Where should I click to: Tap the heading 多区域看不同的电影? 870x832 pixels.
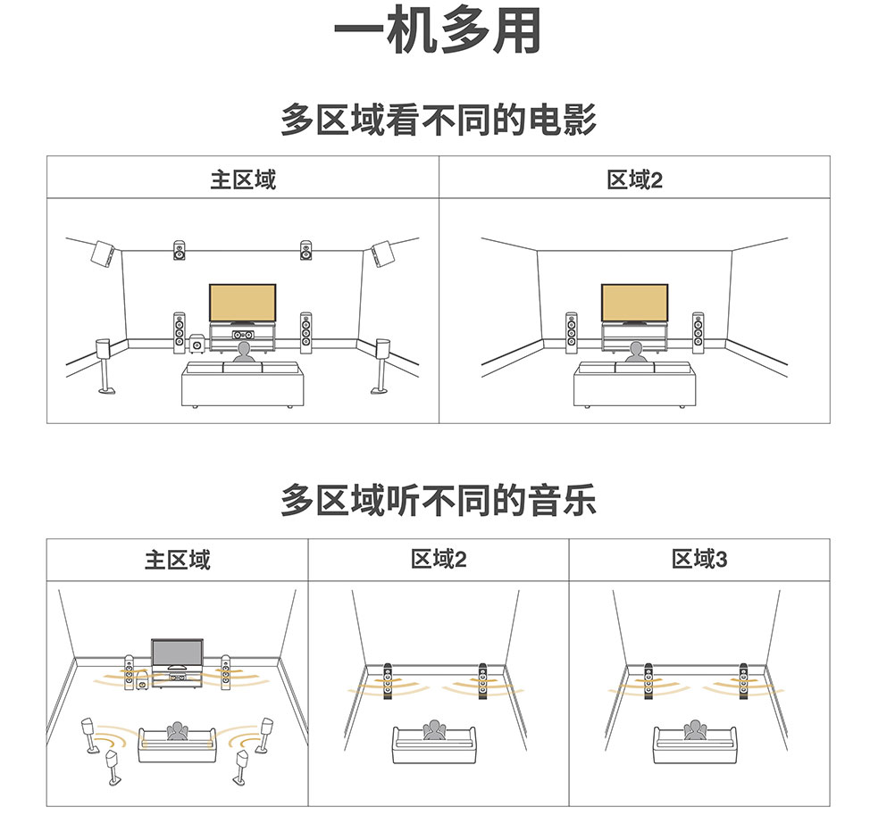tap(438, 120)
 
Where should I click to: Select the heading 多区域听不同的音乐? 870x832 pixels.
tap(438, 501)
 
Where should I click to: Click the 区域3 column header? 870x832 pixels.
tap(699, 560)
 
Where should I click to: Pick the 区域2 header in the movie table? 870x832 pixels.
tap(634, 179)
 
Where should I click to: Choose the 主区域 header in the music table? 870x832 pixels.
tap(178, 560)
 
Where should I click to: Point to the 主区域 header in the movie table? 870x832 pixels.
tap(243, 179)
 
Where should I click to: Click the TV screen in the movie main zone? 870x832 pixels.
tap(242, 303)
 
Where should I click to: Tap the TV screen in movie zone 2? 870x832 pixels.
tap(634, 303)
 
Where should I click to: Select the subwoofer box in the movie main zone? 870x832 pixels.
tap(197, 343)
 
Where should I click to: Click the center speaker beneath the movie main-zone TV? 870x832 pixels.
tap(241, 336)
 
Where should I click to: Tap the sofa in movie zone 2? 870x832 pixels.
tap(634, 384)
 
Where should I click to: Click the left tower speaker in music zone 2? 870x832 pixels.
tap(388, 683)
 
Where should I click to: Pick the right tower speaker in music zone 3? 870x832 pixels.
tap(743, 683)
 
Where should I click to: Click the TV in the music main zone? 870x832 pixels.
tap(176, 653)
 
